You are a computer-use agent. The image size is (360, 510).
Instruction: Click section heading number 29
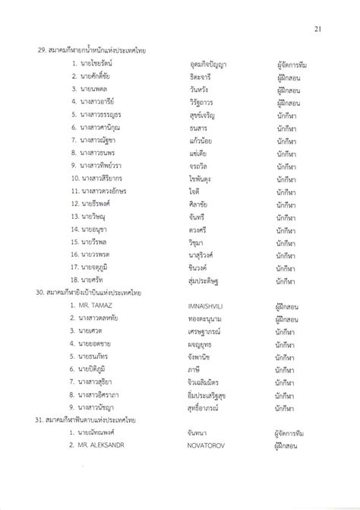click(x=92, y=52)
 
